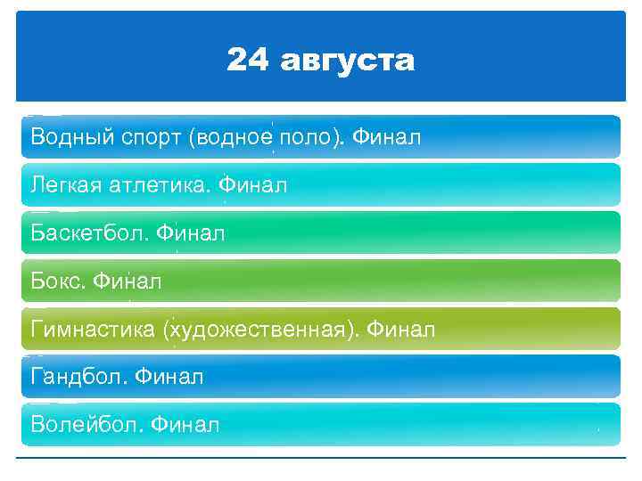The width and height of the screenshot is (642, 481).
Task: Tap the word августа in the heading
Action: pyautogui.click(x=347, y=61)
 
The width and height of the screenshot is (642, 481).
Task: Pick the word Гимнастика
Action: pyautogui.click(x=93, y=330)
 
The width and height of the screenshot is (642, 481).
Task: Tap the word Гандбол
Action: pyautogui.click(x=78, y=378)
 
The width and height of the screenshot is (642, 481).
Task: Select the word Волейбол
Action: pyautogui.click(x=86, y=426)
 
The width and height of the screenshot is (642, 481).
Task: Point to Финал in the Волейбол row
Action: pyautogui.click(x=185, y=426)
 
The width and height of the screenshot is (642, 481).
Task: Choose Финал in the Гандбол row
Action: pyautogui.click(x=170, y=378)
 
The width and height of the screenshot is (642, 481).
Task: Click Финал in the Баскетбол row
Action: pyautogui.click(x=191, y=234)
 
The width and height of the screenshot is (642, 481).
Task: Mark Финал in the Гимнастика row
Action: pyautogui.click(x=401, y=330)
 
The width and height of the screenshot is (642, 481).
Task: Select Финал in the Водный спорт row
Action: pyautogui.click(x=387, y=138)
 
